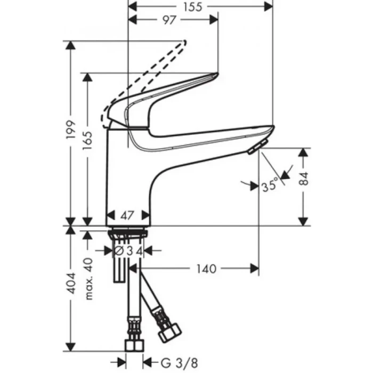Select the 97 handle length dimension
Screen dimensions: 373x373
(x=169, y=20)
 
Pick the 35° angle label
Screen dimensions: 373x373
(x=269, y=186)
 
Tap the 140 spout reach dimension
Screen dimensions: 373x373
(x=206, y=269)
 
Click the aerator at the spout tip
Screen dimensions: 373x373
(x=257, y=149)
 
